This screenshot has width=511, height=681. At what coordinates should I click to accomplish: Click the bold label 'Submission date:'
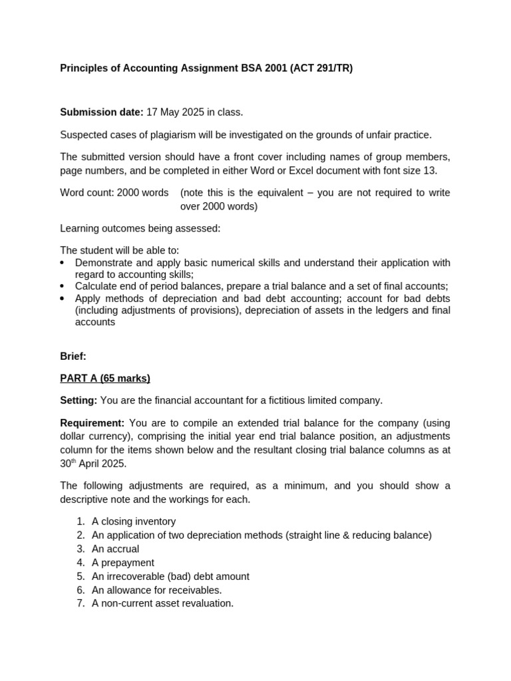click(x=101, y=112)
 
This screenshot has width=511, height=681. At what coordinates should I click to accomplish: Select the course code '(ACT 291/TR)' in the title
click(x=321, y=68)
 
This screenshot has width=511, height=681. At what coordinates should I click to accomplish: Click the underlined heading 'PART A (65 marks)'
click(x=105, y=378)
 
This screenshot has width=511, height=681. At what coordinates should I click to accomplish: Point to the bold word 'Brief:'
click(x=73, y=356)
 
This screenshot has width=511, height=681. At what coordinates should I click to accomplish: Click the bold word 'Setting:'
click(x=79, y=400)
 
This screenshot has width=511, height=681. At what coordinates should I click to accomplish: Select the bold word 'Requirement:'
click(x=92, y=423)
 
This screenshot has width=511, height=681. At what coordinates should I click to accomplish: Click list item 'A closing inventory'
click(x=134, y=521)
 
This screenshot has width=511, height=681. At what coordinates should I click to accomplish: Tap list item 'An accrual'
click(x=115, y=549)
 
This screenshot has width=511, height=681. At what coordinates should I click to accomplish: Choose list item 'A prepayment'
click(x=122, y=563)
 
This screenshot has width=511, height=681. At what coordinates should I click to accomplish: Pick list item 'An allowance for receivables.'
click(x=156, y=590)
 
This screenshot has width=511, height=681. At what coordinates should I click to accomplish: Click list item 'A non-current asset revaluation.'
click(x=162, y=604)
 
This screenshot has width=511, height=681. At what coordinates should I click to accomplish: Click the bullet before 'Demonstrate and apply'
click(x=63, y=263)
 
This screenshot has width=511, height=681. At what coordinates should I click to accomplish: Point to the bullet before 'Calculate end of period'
click(x=63, y=287)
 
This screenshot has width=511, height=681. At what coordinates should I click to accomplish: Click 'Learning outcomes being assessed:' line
click(x=140, y=229)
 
